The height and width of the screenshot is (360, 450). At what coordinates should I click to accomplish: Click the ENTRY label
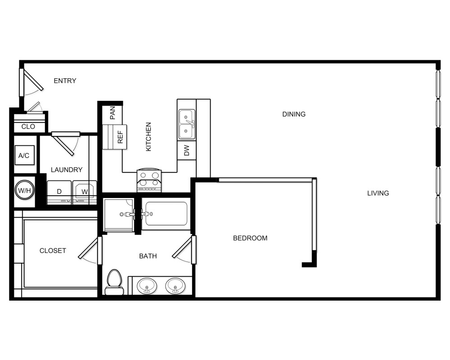click(65, 81)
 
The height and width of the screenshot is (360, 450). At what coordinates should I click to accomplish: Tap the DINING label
click(294, 114)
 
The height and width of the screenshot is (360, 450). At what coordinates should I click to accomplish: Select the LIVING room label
click(378, 193)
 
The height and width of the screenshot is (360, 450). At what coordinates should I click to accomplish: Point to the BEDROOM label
click(250, 238)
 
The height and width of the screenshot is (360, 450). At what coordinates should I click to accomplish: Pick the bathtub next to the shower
click(166, 214)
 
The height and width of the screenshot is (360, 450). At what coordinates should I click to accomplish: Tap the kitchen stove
click(149, 180)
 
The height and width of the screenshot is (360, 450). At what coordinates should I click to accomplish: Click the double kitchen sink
click(186, 124)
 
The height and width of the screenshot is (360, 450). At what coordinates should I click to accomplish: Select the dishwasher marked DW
click(187, 150)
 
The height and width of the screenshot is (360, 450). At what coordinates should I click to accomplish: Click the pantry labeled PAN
click(112, 112)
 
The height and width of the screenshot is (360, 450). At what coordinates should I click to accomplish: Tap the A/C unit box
click(23, 156)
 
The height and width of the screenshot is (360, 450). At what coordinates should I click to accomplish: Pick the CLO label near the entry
click(28, 127)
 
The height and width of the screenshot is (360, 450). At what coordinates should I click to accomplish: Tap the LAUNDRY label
click(67, 170)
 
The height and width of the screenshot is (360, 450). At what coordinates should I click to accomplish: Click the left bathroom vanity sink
click(147, 285)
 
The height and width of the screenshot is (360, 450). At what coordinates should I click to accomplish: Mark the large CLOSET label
click(53, 251)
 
